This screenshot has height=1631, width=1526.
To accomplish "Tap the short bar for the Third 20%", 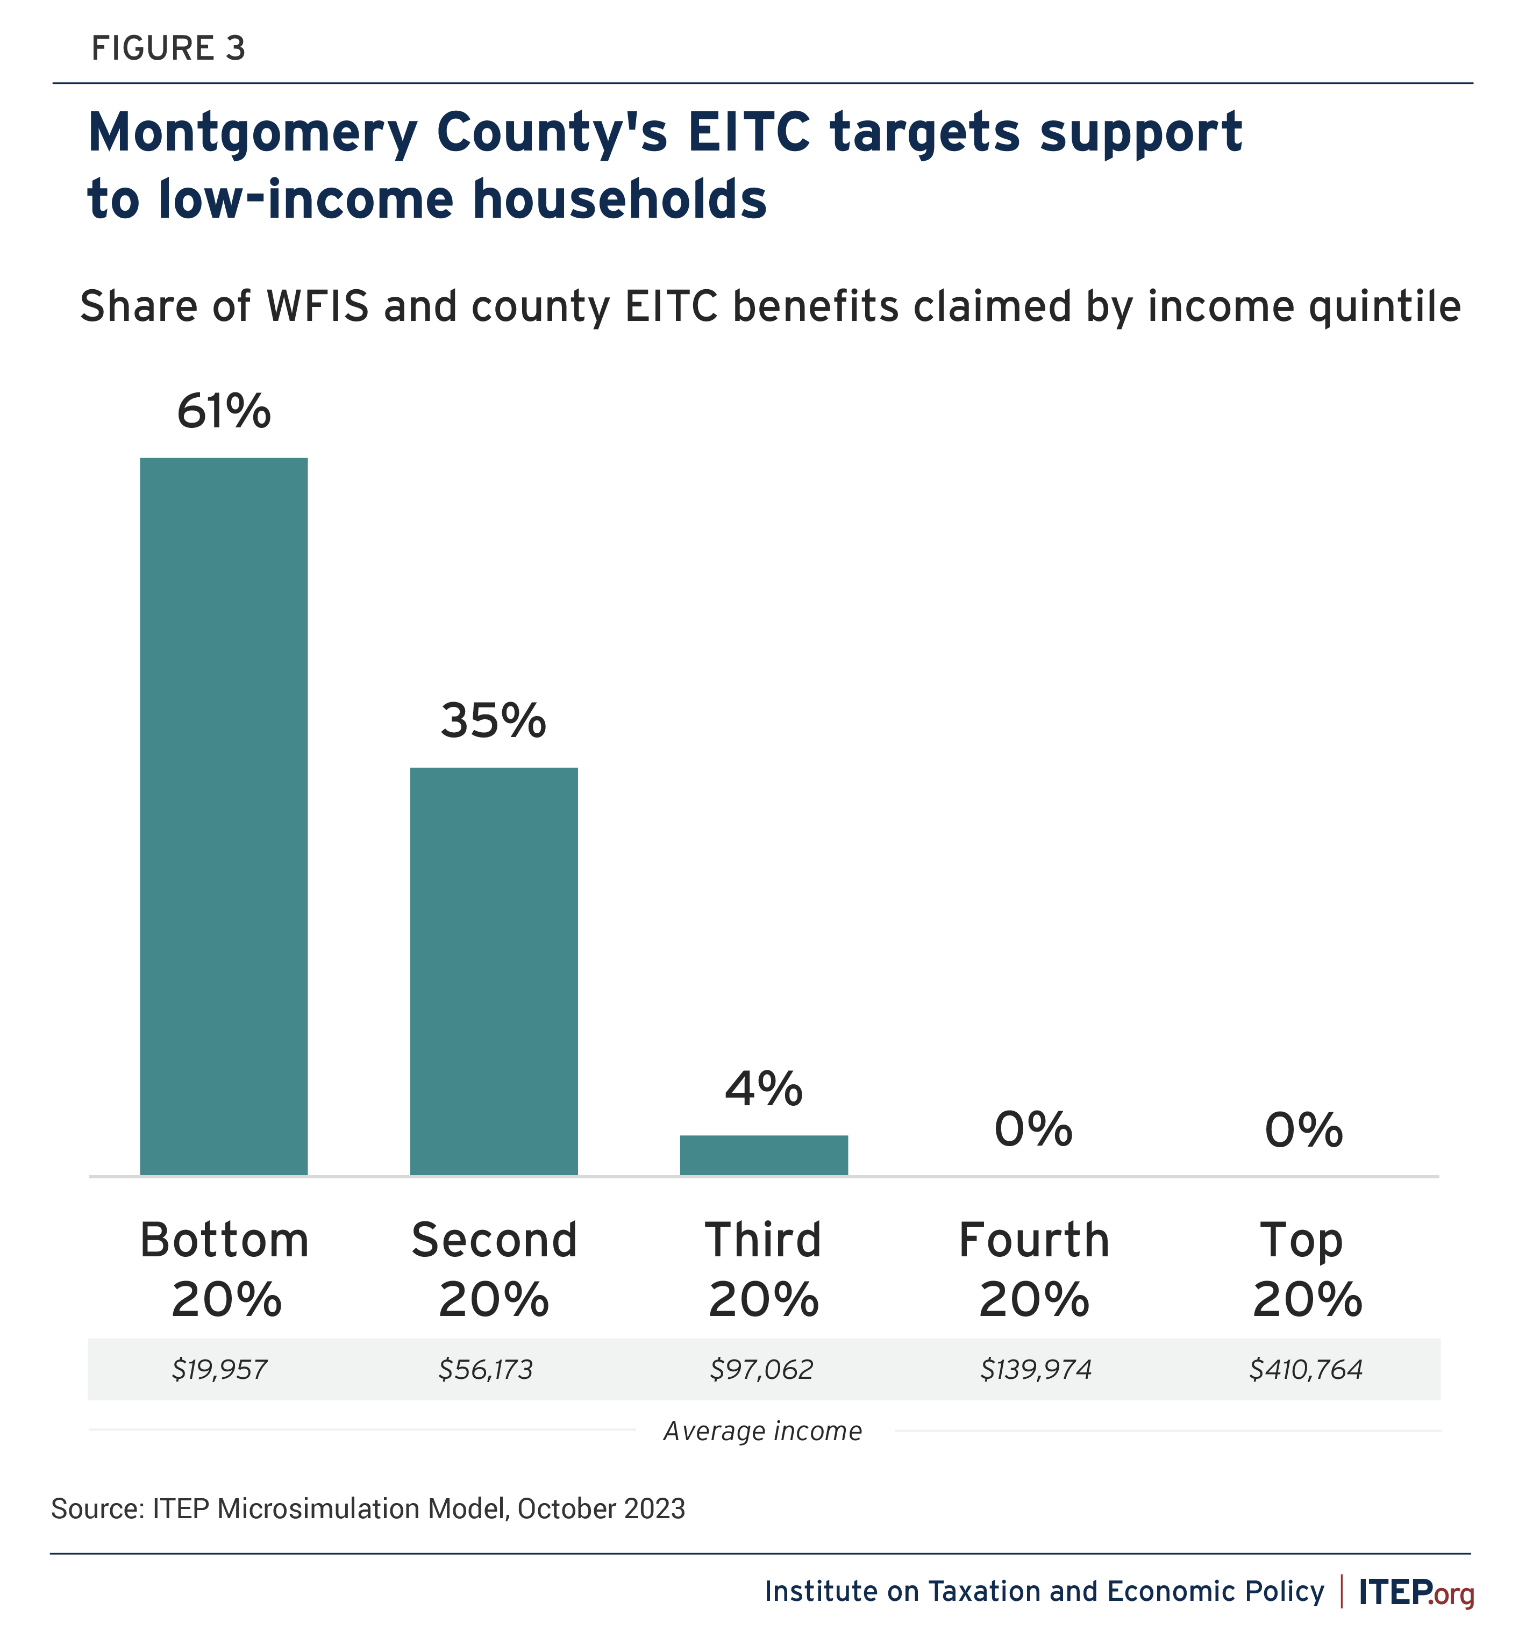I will click(x=764, y=1155).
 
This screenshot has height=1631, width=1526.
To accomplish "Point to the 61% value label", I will click(x=223, y=411).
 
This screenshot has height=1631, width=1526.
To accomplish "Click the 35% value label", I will click(x=493, y=721).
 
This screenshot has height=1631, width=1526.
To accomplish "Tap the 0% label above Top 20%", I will click(x=1304, y=1130).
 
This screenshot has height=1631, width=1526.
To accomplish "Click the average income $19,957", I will click(x=220, y=1369).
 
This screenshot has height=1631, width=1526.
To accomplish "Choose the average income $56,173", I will click(x=486, y=1369).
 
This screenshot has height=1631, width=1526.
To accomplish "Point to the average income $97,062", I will click(x=761, y=1369).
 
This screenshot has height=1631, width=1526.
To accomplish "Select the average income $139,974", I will click(x=1036, y=1369).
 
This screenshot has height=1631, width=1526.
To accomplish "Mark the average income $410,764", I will click(x=1306, y=1369).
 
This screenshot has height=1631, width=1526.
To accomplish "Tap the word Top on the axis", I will click(x=1302, y=1241).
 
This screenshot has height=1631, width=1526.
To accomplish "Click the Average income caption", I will click(x=763, y=1432).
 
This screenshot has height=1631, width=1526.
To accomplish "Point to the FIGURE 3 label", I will click(x=168, y=49).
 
